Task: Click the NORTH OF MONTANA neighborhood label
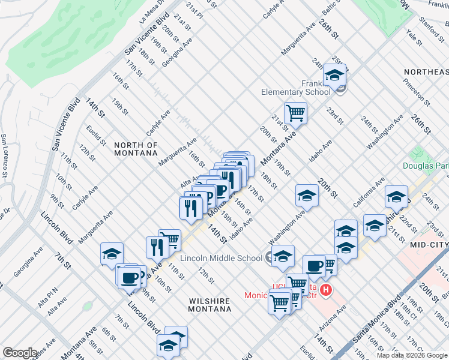(136, 149)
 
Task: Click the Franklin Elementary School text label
(296, 88)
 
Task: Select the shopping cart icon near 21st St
(295, 112)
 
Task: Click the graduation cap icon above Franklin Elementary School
(334, 75)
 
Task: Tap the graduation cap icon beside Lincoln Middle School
(283, 256)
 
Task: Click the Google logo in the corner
(20, 352)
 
